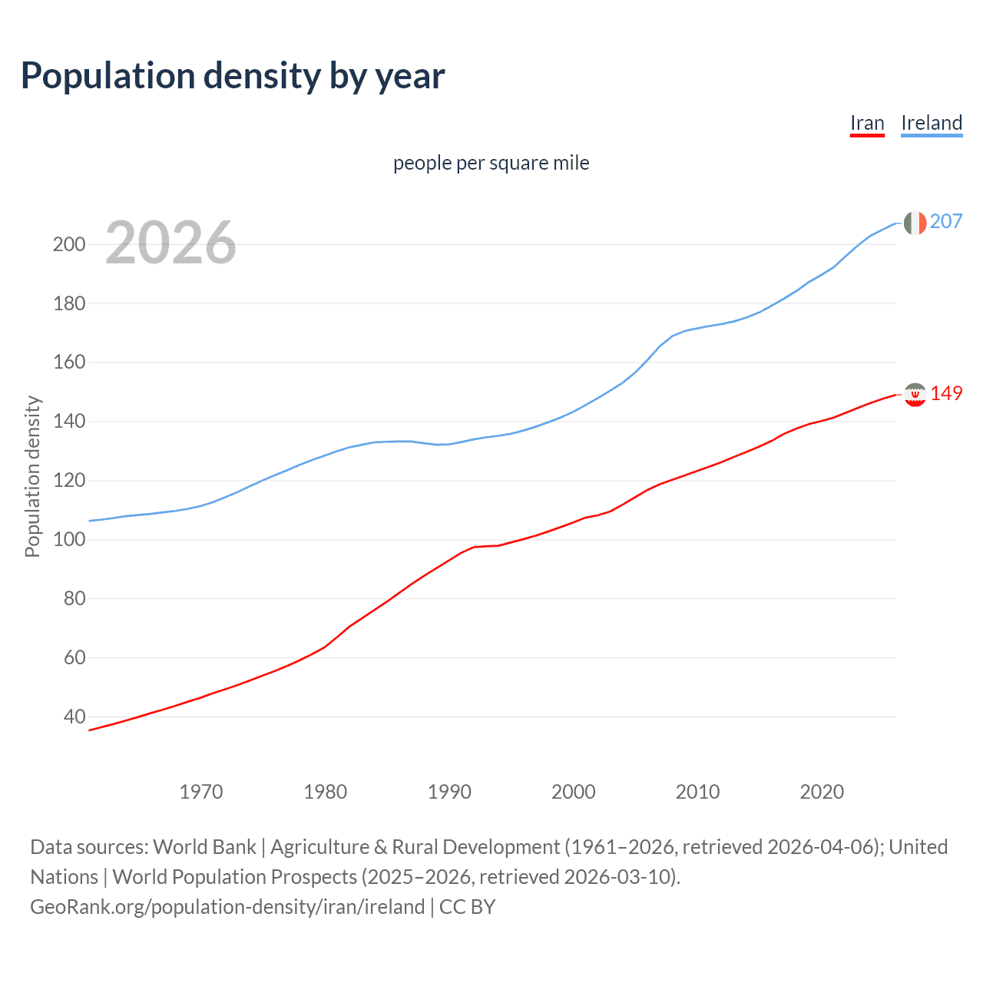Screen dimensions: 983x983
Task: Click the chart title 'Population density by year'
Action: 233,76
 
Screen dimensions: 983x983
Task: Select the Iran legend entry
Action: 867,123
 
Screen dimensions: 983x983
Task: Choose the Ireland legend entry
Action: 931,123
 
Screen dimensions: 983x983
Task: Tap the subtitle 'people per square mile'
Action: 491,163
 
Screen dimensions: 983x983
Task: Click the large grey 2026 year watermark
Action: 170,243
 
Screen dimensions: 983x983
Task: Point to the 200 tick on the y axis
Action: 69,244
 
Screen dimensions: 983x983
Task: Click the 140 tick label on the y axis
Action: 69,421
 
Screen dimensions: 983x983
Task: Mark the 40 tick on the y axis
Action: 74,717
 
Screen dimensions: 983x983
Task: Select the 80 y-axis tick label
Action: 74,598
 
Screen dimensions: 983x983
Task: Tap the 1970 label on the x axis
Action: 201,792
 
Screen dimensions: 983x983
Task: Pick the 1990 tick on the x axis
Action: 449,792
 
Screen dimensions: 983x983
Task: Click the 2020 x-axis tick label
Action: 822,792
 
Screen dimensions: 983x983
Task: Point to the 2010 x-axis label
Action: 697,792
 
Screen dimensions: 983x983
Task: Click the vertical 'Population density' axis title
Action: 32,476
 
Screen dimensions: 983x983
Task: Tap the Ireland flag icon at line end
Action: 915,223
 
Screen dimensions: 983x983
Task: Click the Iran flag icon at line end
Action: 915,394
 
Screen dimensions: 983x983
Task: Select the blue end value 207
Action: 945,221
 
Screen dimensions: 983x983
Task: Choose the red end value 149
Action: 946,393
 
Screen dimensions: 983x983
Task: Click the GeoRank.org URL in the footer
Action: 227,907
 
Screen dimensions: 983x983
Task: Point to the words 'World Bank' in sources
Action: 204,847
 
